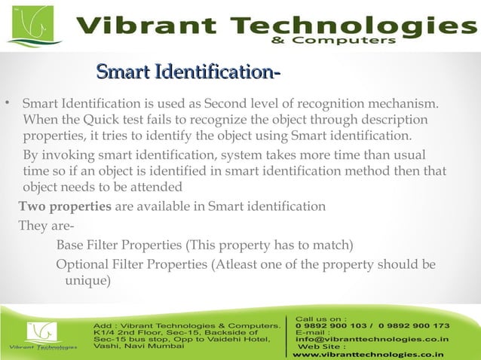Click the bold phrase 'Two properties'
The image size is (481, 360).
[65, 206]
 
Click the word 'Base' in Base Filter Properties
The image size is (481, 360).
[71, 246]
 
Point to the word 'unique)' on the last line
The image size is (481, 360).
[88, 281]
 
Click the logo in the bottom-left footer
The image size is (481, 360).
[41, 334]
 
